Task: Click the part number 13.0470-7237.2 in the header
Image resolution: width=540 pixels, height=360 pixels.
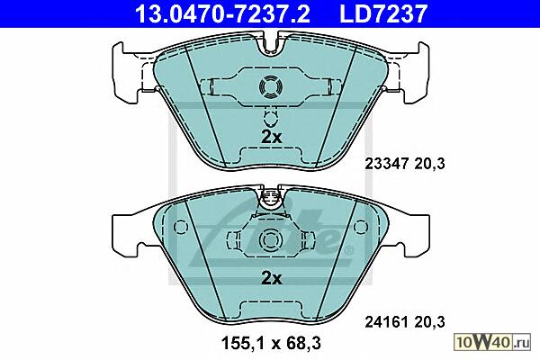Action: pyautogui.click(x=222, y=13)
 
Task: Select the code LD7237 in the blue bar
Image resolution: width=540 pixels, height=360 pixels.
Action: pyautogui.click(x=383, y=13)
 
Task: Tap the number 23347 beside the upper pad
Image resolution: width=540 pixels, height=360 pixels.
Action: pyautogui.click(x=387, y=164)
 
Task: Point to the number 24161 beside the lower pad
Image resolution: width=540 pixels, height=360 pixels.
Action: pyautogui.click(x=387, y=322)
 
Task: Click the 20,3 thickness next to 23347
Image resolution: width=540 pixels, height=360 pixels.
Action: pyautogui.click(x=429, y=164)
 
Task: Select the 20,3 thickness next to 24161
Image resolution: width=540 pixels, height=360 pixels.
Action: pyautogui.click(x=429, y=322)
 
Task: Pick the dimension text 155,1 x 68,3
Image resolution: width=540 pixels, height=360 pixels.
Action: pyautogui.click(x=271, y=343)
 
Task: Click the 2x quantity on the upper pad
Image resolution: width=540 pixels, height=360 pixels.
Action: pyautogui.click(x=272, y=137)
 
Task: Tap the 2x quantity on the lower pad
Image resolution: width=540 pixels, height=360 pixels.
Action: pyautogui.click(x=272, y=278)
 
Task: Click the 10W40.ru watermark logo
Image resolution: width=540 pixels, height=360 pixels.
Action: pyautogui.click(x=493, y=342)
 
